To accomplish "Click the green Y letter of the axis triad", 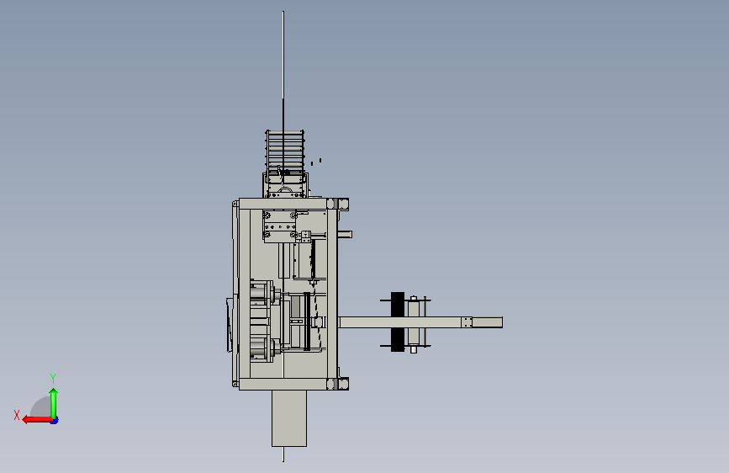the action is (x=53, y=378).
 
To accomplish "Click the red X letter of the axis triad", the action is (x=17, y=415).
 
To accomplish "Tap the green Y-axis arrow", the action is (x=54, y=403).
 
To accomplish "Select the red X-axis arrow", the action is (x=37, y=420).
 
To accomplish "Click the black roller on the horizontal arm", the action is (x=398, y=322).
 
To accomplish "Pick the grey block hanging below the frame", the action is (x=289, y=418).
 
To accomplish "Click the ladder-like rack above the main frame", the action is (x=284, y=150).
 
